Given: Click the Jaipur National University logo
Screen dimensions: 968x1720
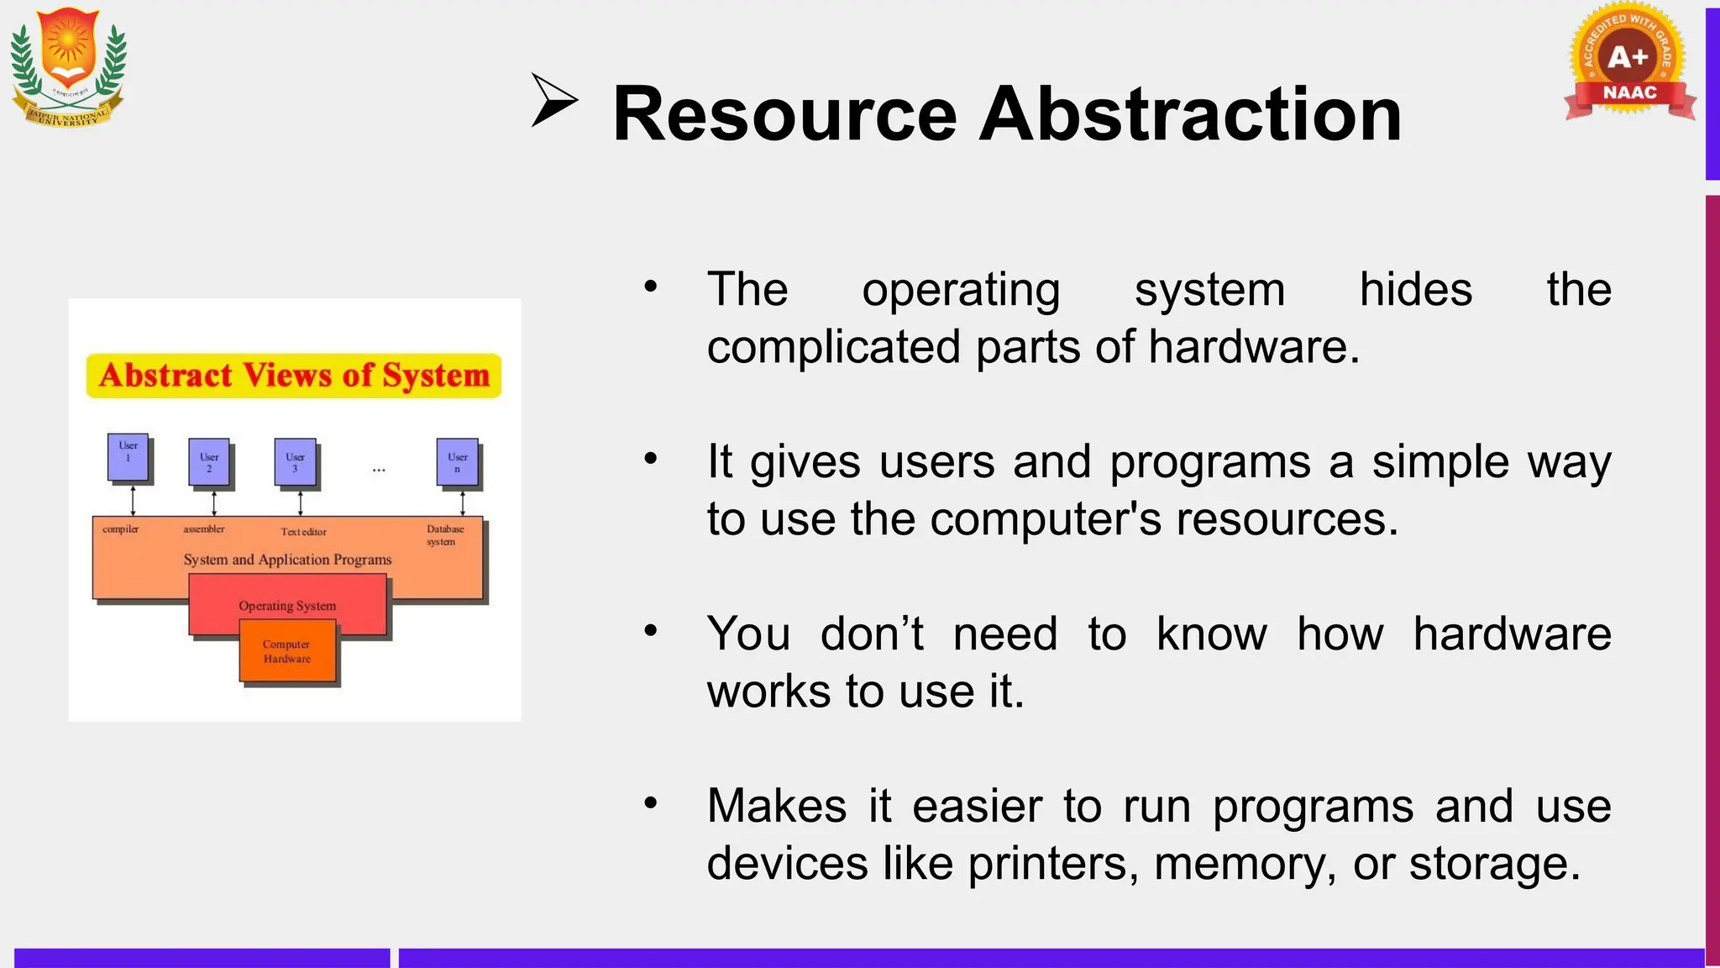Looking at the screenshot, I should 68,67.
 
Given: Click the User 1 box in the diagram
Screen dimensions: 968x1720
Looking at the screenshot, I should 128,457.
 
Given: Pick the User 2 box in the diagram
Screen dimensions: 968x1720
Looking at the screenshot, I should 209,462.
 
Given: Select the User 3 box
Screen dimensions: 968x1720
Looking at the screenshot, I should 296,462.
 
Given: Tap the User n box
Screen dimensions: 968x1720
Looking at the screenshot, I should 458,462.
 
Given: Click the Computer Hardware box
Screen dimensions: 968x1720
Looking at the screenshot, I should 287,651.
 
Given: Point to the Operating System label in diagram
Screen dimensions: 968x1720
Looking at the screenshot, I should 287,606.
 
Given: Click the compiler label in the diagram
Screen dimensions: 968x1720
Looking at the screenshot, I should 120,529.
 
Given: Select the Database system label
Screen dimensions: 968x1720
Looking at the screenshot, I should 444,535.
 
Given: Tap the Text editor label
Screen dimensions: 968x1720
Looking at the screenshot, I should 303,532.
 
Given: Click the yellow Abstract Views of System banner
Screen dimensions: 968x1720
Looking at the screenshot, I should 294,376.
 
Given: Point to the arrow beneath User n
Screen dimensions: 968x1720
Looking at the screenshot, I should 463,503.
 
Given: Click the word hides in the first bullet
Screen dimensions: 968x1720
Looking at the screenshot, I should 1415,290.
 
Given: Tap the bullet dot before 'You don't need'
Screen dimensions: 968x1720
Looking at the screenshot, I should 650,630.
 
